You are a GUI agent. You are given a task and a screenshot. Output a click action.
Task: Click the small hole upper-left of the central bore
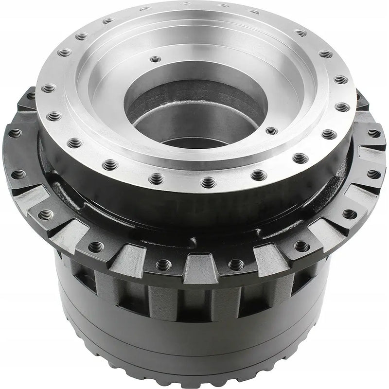click(155, 59)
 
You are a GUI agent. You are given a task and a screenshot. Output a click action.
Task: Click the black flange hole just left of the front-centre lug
click(164, 265)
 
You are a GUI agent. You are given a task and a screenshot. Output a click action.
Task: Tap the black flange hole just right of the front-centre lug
click(235, 264)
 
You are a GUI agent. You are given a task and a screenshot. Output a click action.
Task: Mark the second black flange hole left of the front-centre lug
click(97, 247)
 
